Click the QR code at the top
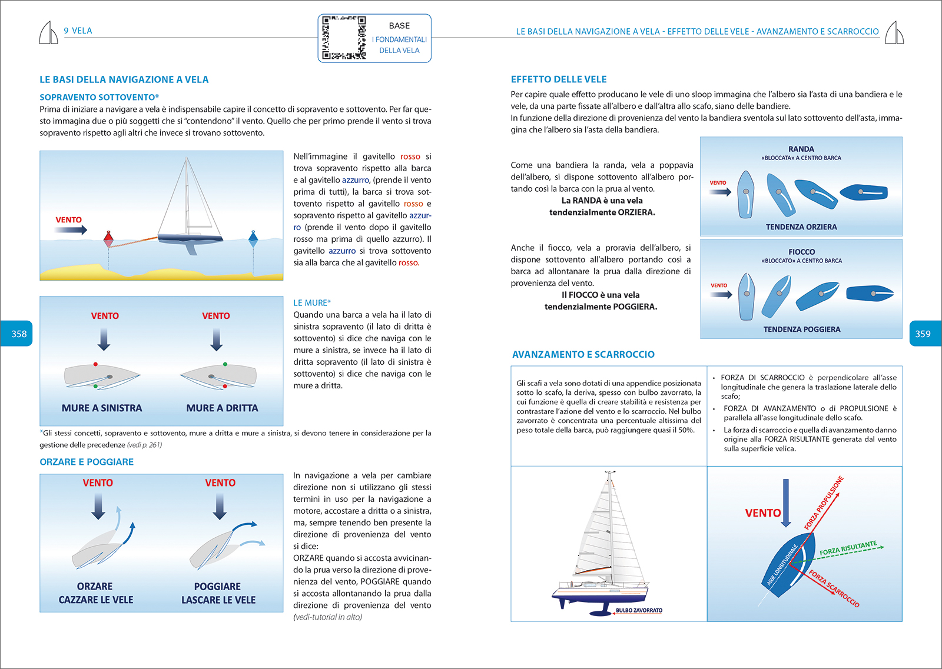pos(344,38)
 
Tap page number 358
pos(19,334)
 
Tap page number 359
pos(923,334)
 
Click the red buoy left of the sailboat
pos(108,239)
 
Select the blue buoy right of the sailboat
pos(253,238)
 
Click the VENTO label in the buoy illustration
pos(69,220)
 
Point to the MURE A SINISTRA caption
pos(102,408)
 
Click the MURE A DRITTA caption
pos(222,408)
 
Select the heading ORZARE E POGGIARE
pos(87,462)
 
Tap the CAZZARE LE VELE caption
pos(96,600)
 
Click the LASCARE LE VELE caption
pos(218,600)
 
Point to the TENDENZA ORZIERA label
pos(801,227)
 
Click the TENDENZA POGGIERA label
pos(801,329)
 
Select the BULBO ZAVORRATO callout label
pos(639,610)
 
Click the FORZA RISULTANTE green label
pos(848,548)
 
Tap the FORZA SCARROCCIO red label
pos(834,588)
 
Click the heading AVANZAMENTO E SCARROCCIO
pos(583,354)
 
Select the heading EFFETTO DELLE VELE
pos(558,79)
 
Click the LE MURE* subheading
pos(312,303)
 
